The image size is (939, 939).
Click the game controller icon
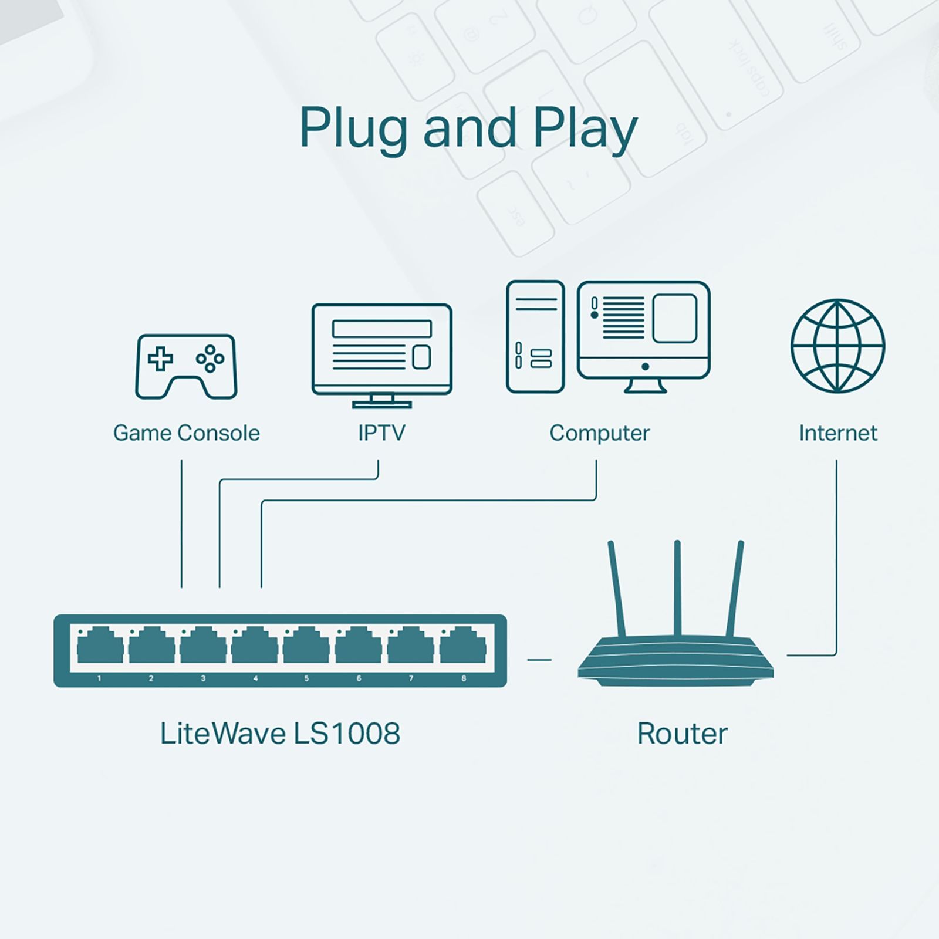tap(186, 367)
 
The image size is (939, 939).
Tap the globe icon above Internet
tap(837, 346)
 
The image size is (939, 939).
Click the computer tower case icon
tap(535, 337)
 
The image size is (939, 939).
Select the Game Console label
tap(186, 433)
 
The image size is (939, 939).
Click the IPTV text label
tap(381, 433)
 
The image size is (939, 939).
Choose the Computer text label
tap(599, 433)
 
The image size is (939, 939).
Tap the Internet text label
tap(837, 433)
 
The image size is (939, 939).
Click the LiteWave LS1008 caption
tap(280, 734)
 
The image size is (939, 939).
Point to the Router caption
tap(682, 734)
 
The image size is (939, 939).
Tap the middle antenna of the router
tap(677, 587)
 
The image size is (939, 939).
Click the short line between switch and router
tap(539, 660)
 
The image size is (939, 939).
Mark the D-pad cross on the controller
tap(160, 357)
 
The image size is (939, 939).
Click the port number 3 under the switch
tap(203, 678)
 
